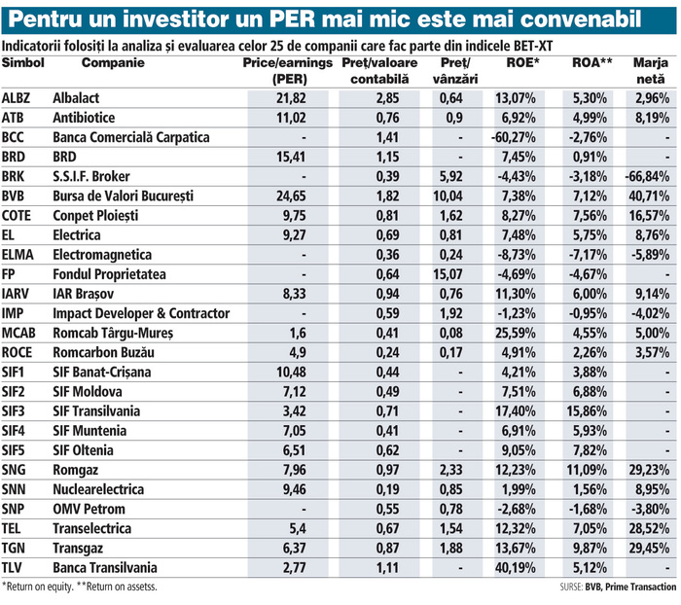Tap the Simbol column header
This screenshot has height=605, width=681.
pos(24,63)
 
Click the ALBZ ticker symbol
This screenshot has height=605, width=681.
pos(18,98)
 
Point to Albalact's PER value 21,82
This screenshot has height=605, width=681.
pos(291,98)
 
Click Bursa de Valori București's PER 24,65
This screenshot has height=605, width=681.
pos(291,196)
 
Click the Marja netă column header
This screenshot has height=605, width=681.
pos(649,70)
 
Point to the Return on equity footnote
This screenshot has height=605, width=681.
pos(43,587)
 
